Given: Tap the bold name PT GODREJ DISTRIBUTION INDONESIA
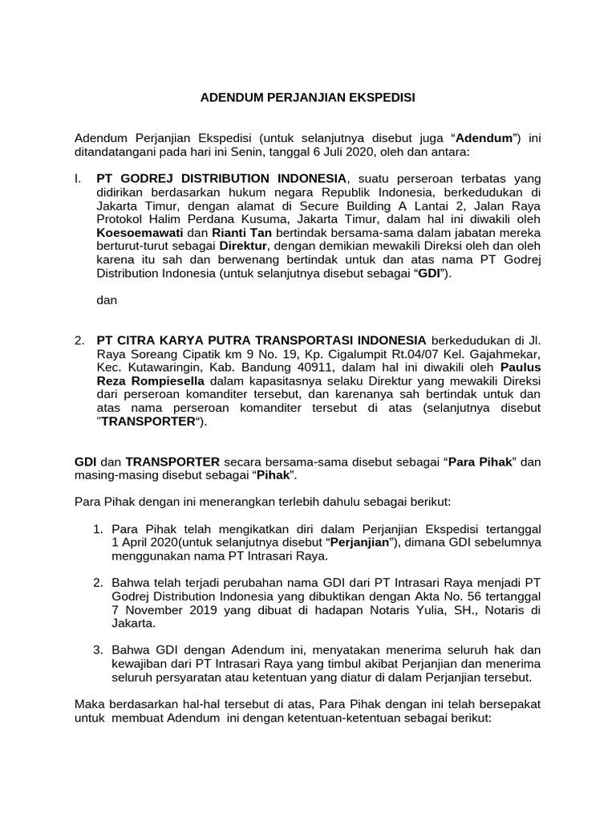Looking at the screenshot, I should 221,178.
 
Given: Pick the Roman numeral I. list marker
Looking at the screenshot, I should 78,178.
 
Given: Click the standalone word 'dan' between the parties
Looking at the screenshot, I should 107,301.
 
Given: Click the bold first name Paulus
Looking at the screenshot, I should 521,367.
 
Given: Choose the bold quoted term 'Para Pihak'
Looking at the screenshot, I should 478,462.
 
